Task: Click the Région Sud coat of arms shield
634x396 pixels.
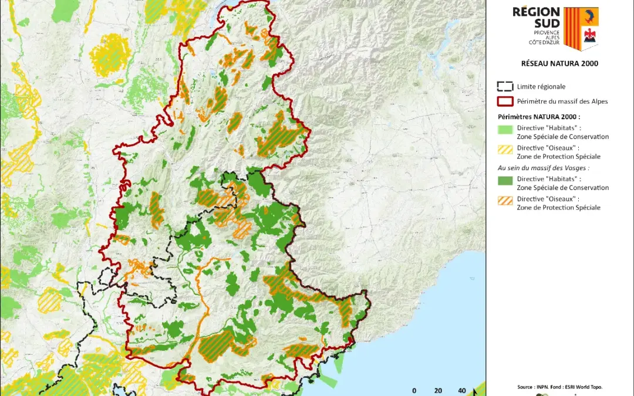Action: [x=581, y=28]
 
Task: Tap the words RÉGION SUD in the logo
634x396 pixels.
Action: [x=535, y=18]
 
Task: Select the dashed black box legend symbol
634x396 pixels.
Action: [x=505, y=86]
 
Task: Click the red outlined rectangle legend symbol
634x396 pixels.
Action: [x=505, y=101]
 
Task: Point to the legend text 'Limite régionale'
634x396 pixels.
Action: [x=541, y=86]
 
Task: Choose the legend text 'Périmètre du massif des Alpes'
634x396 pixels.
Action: [x=562, y=101]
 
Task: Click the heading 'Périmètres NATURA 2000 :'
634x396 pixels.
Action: [x=538, y=117]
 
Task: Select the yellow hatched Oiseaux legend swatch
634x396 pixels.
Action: [x=505, y=149]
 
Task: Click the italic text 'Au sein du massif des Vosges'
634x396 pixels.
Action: [x=544, y=168]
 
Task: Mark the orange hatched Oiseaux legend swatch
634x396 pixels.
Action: [x=505, y=200]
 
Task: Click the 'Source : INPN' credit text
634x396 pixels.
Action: [x=559, y=387]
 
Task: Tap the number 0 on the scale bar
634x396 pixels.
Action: [x=414, y=390]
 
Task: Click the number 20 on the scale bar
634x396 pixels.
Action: [x=438, y=390]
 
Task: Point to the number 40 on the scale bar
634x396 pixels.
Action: [x=461, y=390]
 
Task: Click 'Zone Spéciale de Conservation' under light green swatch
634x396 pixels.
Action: [x=562, y=137]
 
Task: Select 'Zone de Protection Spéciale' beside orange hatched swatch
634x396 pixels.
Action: [x=558, y=208]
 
